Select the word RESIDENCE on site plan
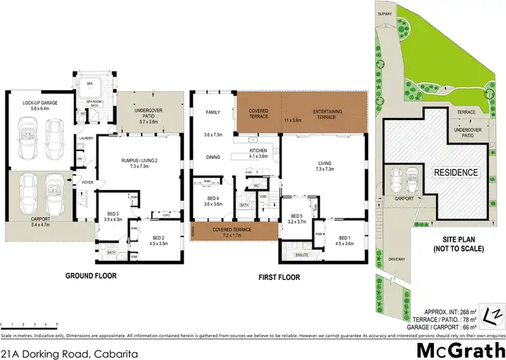(x=455, y=173)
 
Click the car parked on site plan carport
(x=399, y=179)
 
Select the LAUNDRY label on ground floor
(x=86, y=139)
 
